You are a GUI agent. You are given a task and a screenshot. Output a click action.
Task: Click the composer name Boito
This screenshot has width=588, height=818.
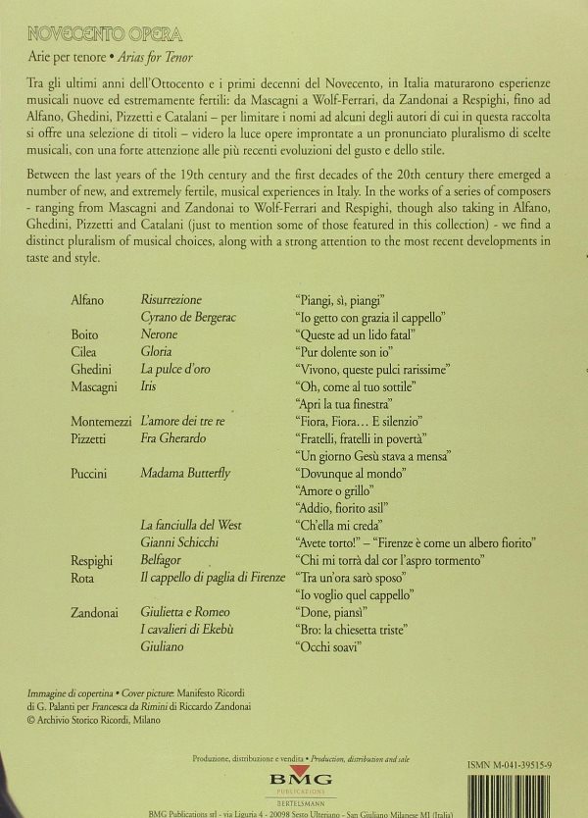tap(84, 334)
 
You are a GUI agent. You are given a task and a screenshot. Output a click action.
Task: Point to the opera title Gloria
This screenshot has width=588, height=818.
tap(156, 351)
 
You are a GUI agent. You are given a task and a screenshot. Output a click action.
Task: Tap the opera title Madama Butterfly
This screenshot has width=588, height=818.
tap(186, 474)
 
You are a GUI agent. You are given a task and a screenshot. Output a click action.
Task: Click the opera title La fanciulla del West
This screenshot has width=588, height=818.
tap(191, 526)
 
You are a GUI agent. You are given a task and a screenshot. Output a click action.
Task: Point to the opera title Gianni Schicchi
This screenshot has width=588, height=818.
tap(179, 542)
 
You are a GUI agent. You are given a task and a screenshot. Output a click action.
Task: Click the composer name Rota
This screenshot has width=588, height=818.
tap(82, 577)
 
